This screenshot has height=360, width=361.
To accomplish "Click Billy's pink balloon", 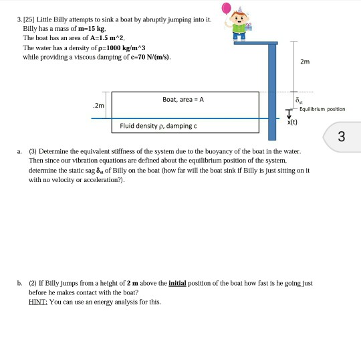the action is (x=226, y=8).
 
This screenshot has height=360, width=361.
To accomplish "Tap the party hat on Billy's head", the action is (x=240, y=10).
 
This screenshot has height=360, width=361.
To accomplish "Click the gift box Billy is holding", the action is (x=248, y=27).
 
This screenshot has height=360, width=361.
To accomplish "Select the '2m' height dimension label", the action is (x=305, y=62).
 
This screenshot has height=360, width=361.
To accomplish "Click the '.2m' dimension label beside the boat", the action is (x=98, y=106).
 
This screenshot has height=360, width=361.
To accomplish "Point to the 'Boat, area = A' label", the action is (x=183, y=99).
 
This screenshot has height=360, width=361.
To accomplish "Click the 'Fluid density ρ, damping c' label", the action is (x=158, y=126).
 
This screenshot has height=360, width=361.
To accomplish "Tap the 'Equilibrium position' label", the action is (x=322, y=109).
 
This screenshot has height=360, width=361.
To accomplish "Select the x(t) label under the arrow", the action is (x=292, y=122).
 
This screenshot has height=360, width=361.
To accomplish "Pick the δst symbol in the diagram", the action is (x=299, y=100).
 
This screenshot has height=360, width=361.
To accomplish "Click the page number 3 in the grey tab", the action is (x=341, y=137).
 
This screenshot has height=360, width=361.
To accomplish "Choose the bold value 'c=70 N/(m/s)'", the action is (x=150, y=57).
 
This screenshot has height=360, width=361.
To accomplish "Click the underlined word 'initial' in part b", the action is (x=177, y=283).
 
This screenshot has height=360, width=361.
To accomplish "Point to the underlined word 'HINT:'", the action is (x=38, y=302).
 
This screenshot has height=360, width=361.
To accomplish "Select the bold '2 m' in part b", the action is (x=132, y=283).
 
